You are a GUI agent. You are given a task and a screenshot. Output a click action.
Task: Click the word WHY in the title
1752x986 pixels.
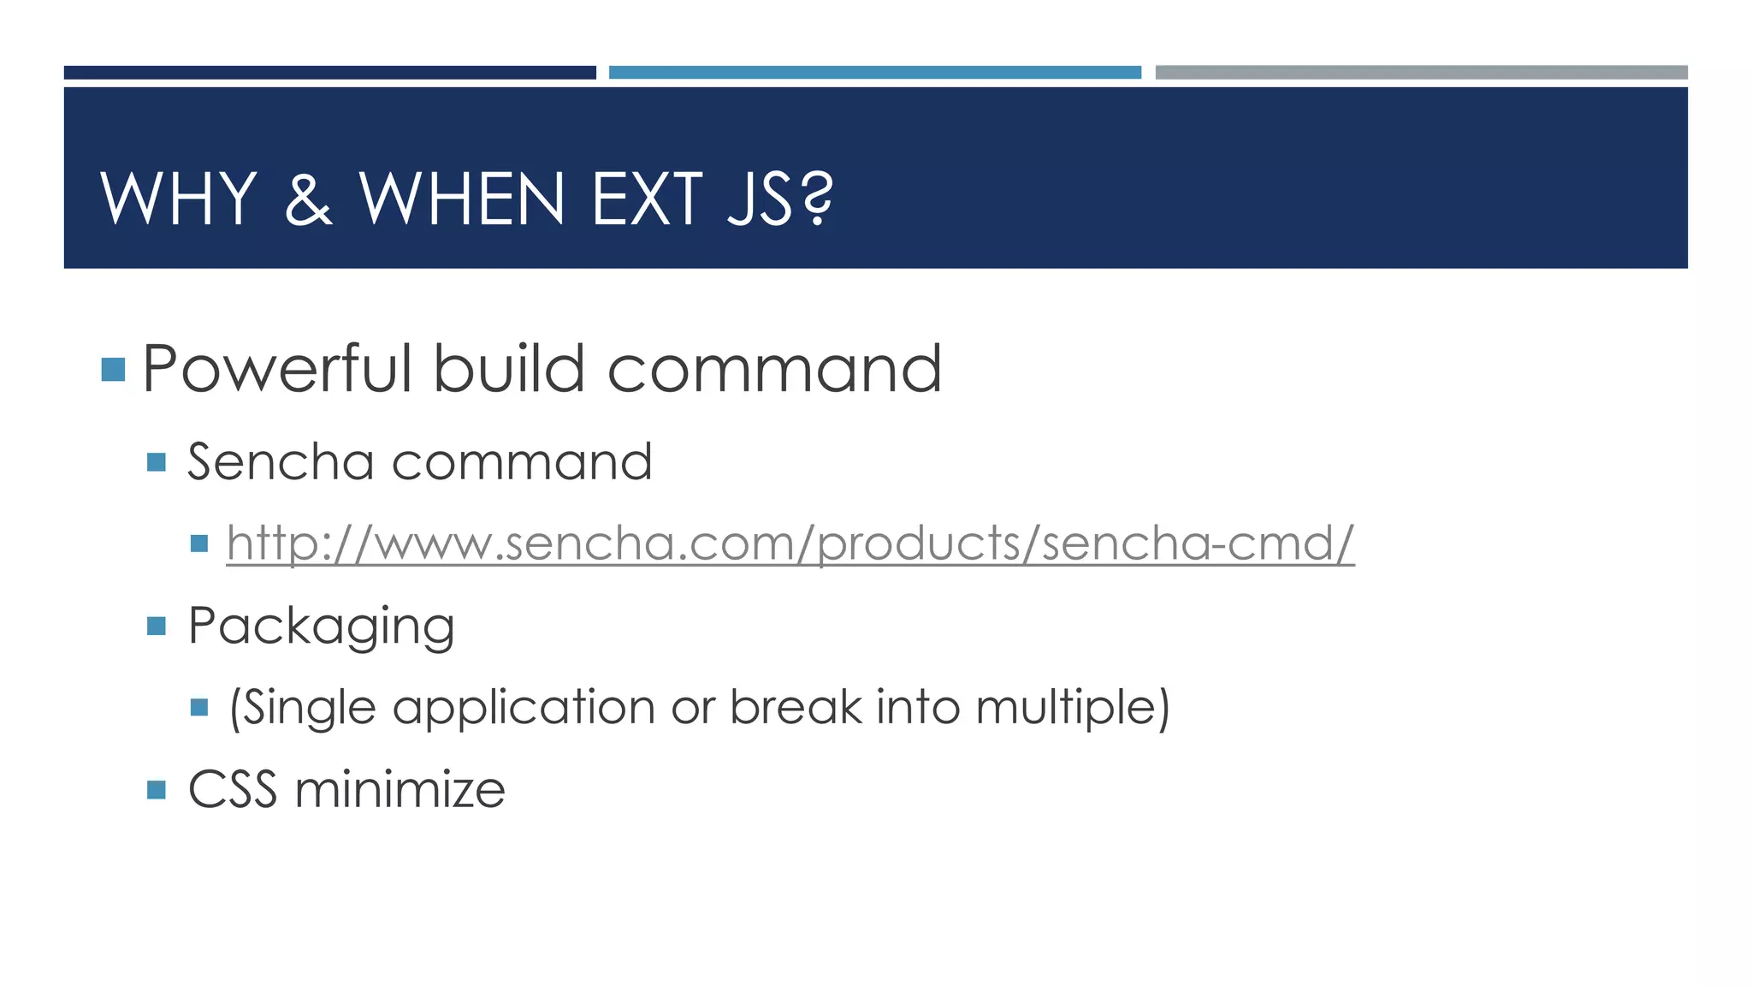coord(178,199)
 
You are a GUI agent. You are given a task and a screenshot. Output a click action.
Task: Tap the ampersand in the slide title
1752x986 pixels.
coord(308,199)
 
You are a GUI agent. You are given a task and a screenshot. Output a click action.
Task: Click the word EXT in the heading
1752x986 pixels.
coord(647,199)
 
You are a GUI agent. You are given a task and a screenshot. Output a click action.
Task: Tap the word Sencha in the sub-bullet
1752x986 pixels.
coord(281,462)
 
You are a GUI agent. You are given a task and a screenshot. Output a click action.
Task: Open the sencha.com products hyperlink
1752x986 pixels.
coord(790,543)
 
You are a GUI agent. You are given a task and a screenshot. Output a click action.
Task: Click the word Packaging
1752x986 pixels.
coord(321,627)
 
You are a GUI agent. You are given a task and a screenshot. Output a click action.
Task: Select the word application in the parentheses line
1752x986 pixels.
coord(524,708)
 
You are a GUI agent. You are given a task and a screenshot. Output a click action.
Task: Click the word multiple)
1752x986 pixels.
coord(1072,708)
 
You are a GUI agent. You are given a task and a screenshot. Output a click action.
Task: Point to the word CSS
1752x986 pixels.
coord(233,789)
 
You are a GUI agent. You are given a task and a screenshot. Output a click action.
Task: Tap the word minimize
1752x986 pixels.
coord(400,789)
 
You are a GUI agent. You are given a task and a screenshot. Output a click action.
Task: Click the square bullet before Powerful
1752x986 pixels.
coord(113,370)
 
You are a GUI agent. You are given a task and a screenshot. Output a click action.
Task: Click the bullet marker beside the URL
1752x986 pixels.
coord(199,543)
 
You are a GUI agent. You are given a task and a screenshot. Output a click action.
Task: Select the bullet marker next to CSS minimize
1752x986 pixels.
coord(156,789)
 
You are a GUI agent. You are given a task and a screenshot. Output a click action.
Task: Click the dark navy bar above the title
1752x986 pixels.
coord(329,73)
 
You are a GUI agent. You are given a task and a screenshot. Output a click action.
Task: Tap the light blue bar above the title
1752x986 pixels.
coord(874,73)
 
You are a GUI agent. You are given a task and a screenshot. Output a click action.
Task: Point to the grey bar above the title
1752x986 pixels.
coord(1421,73)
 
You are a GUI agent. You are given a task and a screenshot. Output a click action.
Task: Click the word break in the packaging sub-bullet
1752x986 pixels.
coord(796,708)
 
